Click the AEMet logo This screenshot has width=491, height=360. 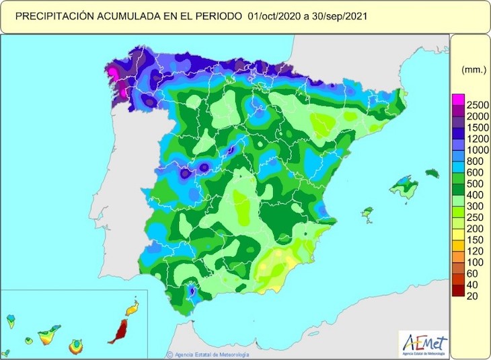pyautogui.click(x=422, y=340)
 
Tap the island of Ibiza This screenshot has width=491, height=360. pyautogui.click(x=367, y=215)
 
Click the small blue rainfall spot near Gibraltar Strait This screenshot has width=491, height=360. pyautogui.click(x=192, y=291)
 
